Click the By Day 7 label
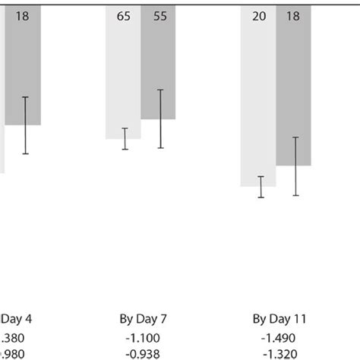point(141,317)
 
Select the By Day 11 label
point(279,317)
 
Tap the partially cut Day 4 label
point(14,317)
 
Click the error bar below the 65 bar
point(125,139)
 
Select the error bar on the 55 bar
point(160,118)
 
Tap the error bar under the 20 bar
point(261,187)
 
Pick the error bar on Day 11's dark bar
point(295,166)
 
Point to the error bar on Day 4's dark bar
point(25,125)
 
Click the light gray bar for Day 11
point(258,99)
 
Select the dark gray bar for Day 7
point(158,68)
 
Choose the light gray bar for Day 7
point(123,76)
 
